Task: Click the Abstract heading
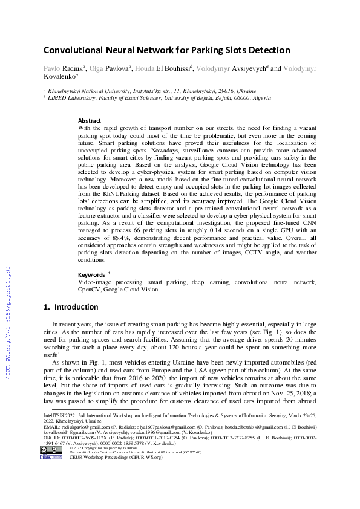[90, 121]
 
